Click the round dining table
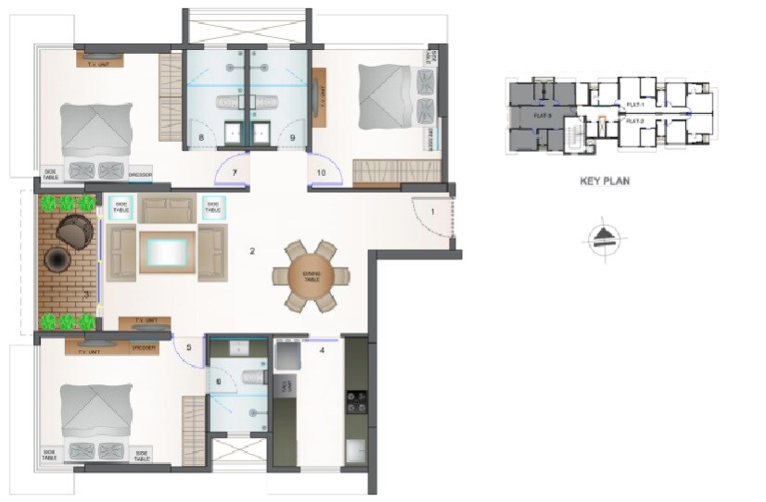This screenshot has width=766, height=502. (x=311, y=276)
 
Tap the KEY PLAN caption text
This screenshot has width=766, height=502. (x=604, y=182)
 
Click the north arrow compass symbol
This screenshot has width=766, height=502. (x=604, y=239)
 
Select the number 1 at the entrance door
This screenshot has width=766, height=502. (x=431, y=214)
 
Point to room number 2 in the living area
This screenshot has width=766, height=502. (x=251, y=250)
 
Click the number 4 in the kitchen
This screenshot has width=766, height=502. (x=322, y=350)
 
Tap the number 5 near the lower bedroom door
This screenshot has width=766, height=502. (x=188, y=349)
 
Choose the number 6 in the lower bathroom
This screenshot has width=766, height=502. (x=219, y=381)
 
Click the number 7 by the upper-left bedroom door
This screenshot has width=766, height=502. (x=235, y=172)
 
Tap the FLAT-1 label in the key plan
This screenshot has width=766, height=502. (x=634, y=105)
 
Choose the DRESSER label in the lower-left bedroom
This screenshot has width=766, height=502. (x=143, y=348)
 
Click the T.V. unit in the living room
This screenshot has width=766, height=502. (x=144, y=322)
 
